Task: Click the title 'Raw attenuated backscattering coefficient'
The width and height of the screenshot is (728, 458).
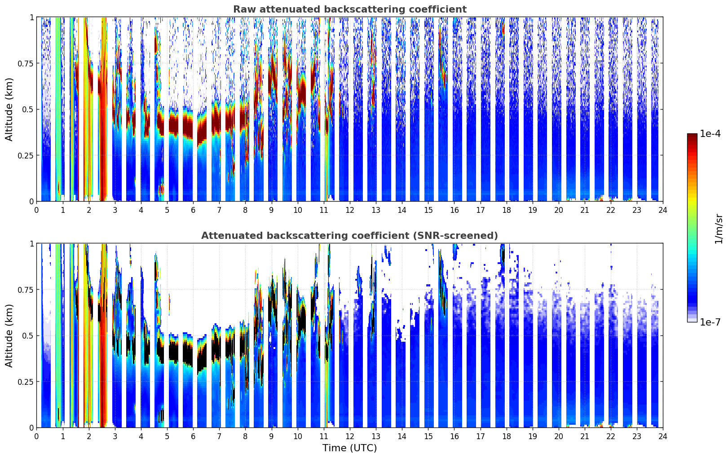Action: pyautogui.click(x=349, y=9)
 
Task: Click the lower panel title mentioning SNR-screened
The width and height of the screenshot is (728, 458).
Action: pyautogui.click(x=349, y=236)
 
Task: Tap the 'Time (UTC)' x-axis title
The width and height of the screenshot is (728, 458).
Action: pyautogui.click(x=349, y=448)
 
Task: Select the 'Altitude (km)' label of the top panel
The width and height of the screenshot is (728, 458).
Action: pyautogui.click(x=9, y=109)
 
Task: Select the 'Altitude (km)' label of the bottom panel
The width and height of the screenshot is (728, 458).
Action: pyautogui.click(x=9, y=335)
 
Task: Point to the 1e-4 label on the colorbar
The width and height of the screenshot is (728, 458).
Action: pyautogui.click(x=710, y=134)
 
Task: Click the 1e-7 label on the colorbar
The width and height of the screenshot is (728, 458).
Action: pyautogui.click(x=710, y=322)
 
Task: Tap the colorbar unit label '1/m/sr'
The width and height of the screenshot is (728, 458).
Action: pyautogui.click(x=719, y=228)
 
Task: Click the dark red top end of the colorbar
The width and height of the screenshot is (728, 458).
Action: pyautogui.click(x=692, y=136)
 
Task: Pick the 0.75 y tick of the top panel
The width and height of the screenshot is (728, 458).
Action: pyautogui.click(x=26, y=63)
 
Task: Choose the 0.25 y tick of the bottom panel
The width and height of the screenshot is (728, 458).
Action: pyautogui.click(x=26, y=382)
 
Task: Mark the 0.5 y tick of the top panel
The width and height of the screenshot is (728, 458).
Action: pyautogui.click(x=28, y=110)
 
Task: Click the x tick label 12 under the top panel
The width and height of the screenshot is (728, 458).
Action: pyautogui.click(x=350, y=210)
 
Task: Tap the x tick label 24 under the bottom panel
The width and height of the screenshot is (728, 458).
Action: pyautogui.click(x=663, y=436)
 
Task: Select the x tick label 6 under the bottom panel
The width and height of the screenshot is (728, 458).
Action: pyautogui.click(x=193, y=436)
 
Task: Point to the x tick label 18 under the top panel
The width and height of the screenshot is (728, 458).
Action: pyautogui.click(x=506, y=210)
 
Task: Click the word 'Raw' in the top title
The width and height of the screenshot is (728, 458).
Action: pyautogui.click(x=243, y=9)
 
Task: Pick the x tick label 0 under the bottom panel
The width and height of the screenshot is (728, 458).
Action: pyautogui.click(x=37, y=436)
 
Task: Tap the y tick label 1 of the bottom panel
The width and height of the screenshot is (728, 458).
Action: pyautogui.click(x=31, y=243)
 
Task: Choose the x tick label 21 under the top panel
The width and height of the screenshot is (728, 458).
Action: pyautogui.click(x=585, y=210)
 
